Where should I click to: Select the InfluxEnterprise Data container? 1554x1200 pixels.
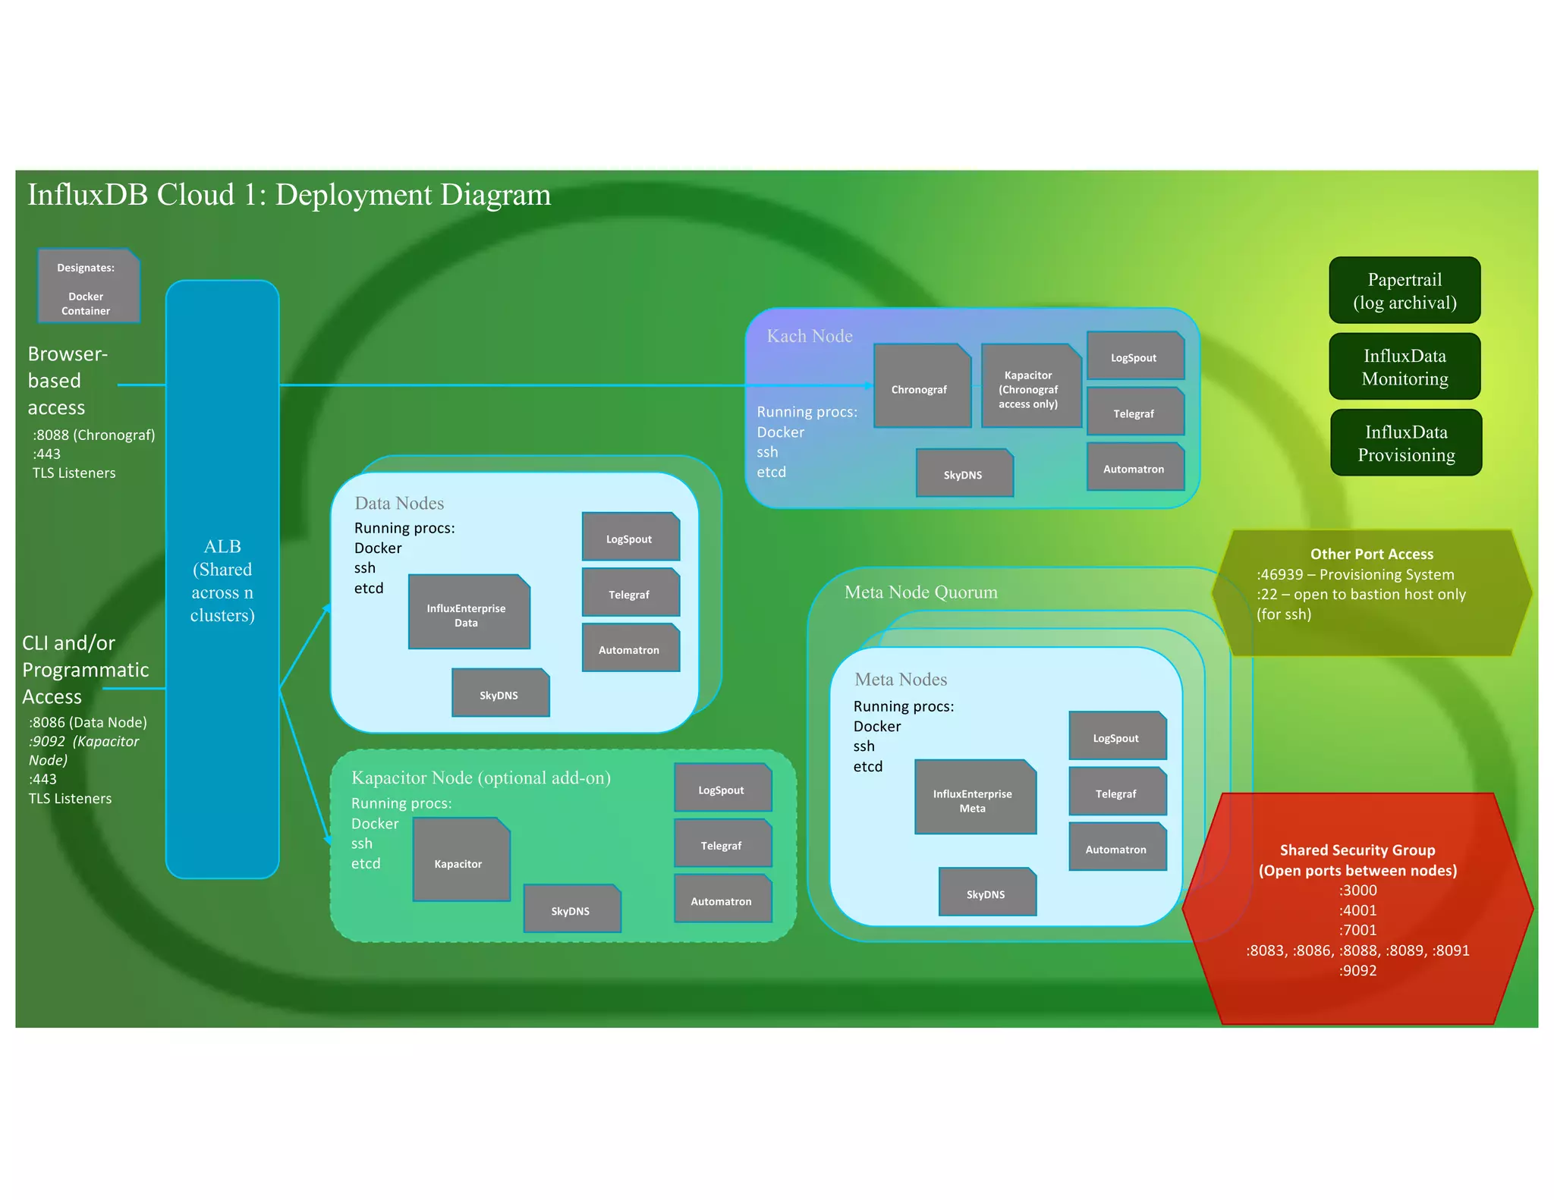click(x=468, y=612)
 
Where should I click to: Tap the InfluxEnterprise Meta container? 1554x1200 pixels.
click(x=974, y=798)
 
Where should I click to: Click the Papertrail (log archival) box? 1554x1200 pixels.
click(x=1404, y=291)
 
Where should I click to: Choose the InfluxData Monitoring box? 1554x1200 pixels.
click(x=1404, y=366)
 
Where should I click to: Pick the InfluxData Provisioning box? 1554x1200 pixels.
click(x=1405, y=442)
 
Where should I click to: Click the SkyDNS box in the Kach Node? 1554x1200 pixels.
click(x=964, y=473)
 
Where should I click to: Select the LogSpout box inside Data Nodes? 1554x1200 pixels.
click(x=630, y=537)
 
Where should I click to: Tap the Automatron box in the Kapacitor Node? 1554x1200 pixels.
click(x=722, y=900)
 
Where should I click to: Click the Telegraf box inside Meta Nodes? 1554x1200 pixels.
click(x=1116, y=792)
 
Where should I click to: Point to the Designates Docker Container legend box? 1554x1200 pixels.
click(x=88, y=287)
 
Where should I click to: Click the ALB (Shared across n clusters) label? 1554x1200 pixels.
click(x=222, y=580)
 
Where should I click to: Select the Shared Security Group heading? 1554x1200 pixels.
click(x=1357, y=850)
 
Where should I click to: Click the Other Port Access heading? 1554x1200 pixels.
click(x=1371, y=554)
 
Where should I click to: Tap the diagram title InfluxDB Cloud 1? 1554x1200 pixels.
click(x=288, y=195)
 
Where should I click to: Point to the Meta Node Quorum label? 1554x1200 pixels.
click(x=920, y=592)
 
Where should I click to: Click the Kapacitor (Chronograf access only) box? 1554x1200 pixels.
click(x=1030, y=388)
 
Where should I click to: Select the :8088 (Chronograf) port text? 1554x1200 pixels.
click(x=93, y=435)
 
